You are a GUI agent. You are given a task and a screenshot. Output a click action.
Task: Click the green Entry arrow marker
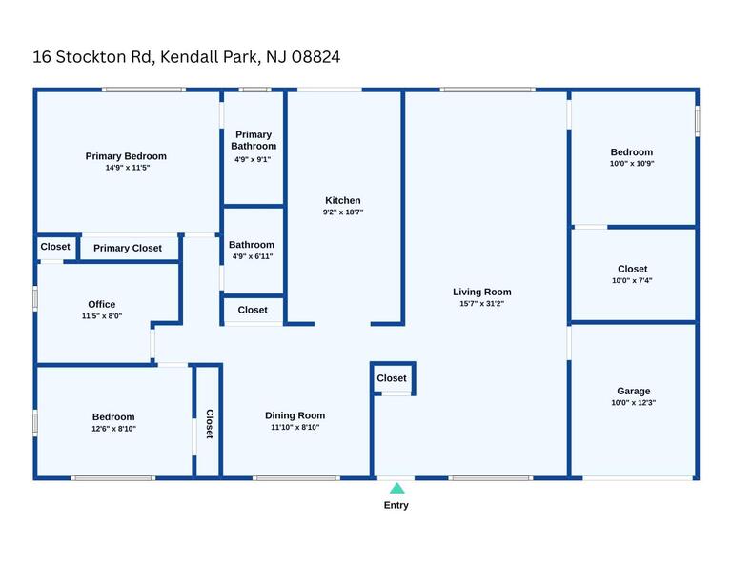pyautogui.click(x=396, y=489)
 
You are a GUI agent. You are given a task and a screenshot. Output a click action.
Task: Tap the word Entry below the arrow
pyautogui.click(x=396, y=505)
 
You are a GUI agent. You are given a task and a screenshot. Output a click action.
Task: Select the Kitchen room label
pyautogui.click(x=343, y=201)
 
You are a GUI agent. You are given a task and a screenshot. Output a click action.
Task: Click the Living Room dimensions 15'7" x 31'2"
pyautogui.click(x=481, y=303)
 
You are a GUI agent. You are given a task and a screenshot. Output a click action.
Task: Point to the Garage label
pyautogui.click(x=634, y=392)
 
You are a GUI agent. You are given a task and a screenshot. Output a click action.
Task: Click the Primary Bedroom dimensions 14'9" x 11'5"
pyautogui.click(x=128, y=168)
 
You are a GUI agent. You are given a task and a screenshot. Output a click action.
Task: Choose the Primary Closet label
pyautogui.click(x=128, y=249)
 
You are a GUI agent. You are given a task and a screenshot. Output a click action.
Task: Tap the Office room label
pyautogui.click(x=102, y=304)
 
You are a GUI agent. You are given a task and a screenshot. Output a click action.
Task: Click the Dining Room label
pyautogui.click(x=295, y=415)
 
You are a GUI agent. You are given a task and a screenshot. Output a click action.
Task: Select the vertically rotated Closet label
pyautogui.click(x=210, y=424)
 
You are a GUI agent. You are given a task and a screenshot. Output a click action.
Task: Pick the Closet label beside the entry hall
pyautogui.click(x=392, y=378)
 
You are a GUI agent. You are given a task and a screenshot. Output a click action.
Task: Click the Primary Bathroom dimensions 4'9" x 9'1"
pyautogui.click(x=253, y=159)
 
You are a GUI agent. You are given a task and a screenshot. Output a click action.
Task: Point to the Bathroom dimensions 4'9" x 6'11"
pyautogui.click(x=253, y=256)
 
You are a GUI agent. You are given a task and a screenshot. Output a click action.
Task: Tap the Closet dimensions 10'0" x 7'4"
pyautogui.click(x=632, y=280)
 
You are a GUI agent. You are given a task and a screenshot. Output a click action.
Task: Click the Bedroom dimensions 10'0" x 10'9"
pyautogui.click(x=632, y=164)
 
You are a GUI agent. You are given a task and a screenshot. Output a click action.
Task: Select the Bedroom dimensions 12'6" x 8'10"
pyautogui.click(x=113, y=429)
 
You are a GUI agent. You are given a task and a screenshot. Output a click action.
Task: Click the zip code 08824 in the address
pyautogui.click(x=316, y=57)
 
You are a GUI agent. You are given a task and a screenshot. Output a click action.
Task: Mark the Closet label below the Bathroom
pyautogui.click(x=253, y=310)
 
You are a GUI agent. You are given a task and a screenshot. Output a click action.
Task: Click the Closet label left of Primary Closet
pyautogui.click(x=55, y=247)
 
